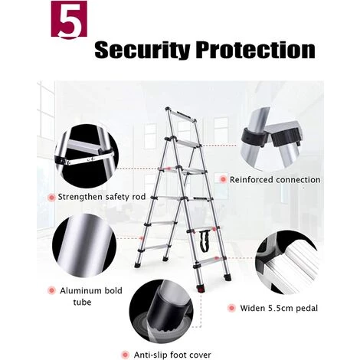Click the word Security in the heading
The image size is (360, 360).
click(x=142, y=50)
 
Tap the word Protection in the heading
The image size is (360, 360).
click(x=257, y=50)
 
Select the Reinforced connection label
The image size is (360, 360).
click(x=275, y=180)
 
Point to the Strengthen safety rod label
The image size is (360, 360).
click(x=102, y=197)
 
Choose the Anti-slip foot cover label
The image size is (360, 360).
click(x=172, y=355)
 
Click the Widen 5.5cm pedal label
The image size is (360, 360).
click(x=279, y=308)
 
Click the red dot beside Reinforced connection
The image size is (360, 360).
click(x=223, y=179)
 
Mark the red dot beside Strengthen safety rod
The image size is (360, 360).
click(x=51, y=198)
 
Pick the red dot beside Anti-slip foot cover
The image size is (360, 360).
click(x=125, y=355)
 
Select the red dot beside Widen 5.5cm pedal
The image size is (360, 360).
click(x=231, y=308)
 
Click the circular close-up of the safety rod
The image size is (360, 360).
click(x=87, y=156)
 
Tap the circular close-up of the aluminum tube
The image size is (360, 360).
click(x=84, y=246)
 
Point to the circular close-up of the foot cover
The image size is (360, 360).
click(x=161, y=312)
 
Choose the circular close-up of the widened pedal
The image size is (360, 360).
click(x=287, y=263)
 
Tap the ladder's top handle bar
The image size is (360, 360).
click(x=182, y=114)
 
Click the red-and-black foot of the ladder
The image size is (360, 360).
click(x=201, y=289)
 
